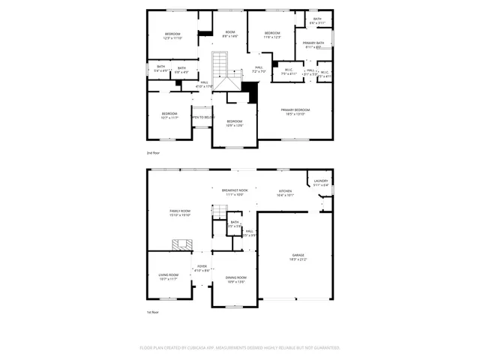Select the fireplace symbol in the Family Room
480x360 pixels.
[182, 244]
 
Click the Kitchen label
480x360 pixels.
[285, 192]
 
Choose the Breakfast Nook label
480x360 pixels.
[234, 191]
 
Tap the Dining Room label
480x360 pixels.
[236, 279]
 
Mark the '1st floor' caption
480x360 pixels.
[154, 313]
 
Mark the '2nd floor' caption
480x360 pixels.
[154, 151]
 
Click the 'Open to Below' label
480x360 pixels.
[202, 118]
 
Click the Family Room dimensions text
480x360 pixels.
[180, 215]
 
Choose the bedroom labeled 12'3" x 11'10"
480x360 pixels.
[173, 36]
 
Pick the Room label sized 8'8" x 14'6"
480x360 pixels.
[230, 34]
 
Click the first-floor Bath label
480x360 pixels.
[234, 223]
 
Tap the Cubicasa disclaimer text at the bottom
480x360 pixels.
[240, 347]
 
